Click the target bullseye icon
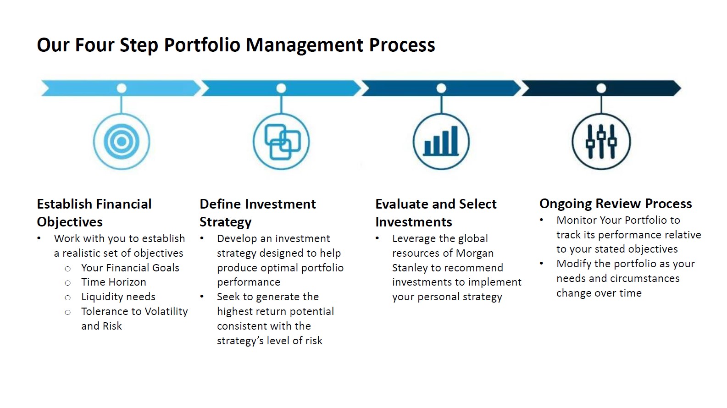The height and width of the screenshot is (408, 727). [x=122, y=141]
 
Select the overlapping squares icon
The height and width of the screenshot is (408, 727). [x=281, y=141]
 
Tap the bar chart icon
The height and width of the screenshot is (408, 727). [x=441, y=141]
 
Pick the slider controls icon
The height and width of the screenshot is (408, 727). [x=601, y=141]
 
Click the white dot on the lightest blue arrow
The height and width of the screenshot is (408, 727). [x=122, y=88]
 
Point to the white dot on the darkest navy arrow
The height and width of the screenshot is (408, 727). [x=601, y=88]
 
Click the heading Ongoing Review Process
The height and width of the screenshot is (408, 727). [x=616, y=204]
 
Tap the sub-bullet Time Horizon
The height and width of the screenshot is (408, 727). [x=114, y=282]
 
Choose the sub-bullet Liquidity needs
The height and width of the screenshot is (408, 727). [x=118, y=297]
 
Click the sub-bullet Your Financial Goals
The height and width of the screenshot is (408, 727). [x=130, y=268]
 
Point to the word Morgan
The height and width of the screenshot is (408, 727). [x=474, y=254]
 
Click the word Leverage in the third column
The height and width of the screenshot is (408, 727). [x=413, y=239]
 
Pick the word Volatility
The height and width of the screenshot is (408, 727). [x=166, y=312]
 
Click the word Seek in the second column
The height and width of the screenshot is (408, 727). [x=228, y=297]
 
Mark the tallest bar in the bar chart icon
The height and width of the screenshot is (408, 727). [x=455, y=140]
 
